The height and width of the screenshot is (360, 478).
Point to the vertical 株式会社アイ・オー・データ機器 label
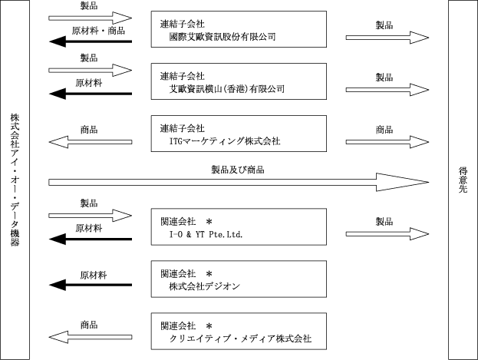(x=15, y=180)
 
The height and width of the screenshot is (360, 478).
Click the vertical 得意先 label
(x=463, y=180)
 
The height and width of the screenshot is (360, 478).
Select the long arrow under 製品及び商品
(x=239, y=182)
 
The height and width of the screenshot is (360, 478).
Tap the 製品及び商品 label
(x=238, y=170)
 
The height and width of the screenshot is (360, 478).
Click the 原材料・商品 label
(x=98, y=31)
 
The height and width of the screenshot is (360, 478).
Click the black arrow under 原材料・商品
(x=91, y=41)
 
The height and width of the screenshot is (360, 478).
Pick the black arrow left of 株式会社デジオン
(x=91, y=285)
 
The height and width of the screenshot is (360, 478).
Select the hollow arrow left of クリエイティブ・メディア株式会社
(x=91, y=337)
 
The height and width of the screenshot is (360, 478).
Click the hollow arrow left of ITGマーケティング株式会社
(x=91, y=142)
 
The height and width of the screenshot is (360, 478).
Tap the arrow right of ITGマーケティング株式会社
(x=387, y=142)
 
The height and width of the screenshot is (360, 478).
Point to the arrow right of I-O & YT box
(x=387, y=234)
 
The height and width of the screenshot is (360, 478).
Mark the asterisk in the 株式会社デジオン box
(x=209, y=274)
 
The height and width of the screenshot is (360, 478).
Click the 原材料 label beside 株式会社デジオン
(x=94, y=276)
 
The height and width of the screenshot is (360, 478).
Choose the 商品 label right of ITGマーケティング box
(x=384, y=130)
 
